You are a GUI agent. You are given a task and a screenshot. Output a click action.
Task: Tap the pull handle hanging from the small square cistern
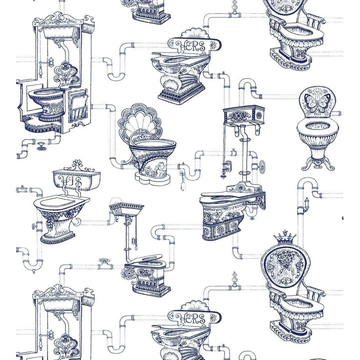[134, 245]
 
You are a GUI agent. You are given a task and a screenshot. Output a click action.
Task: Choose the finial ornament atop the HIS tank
[76, 164]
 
